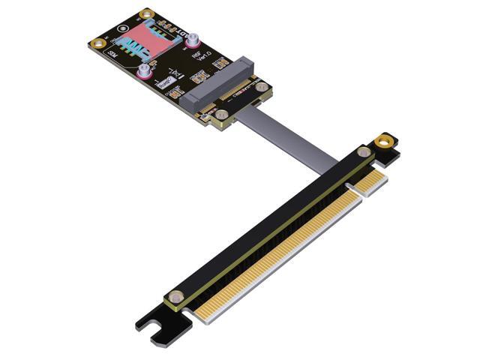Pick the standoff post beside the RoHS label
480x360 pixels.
tap(142, 72)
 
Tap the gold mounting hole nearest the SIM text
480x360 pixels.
tap(97, 43)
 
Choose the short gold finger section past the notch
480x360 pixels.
tap(373, 181)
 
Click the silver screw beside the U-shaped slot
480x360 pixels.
tap(176, 296)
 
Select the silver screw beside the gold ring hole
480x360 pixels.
tap(364, 152)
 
